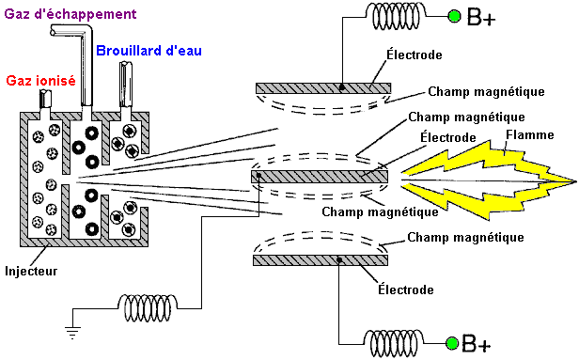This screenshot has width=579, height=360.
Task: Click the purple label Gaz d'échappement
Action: [70, 14]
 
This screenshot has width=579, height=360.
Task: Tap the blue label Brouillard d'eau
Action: [149, 50]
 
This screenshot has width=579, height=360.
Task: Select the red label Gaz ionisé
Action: [41, 81]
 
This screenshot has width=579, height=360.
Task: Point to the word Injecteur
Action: [31, 271]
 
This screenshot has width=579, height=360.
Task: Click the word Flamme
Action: [530, 134]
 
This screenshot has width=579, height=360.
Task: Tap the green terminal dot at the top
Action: [454, 16]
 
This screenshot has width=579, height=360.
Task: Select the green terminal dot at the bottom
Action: [452, 343]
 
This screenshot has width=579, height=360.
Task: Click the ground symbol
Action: [72, 332]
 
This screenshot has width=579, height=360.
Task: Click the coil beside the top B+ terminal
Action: [397, 16]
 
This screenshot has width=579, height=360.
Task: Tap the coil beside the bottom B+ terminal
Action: [394, 343]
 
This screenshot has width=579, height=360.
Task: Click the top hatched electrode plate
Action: [323, 87]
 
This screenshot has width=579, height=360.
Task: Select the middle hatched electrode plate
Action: [320, 177]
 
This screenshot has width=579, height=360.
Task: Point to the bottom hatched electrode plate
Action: [321, 260]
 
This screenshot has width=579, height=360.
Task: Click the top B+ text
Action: [481, 17]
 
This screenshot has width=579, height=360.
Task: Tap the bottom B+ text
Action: [477, 343]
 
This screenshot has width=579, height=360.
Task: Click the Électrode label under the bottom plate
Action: [406, 290]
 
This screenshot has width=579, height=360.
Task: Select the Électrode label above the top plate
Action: [415, 55]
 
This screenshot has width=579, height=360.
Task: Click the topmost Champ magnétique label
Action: [486, 91]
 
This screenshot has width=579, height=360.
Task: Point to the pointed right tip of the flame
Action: [576, 181]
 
